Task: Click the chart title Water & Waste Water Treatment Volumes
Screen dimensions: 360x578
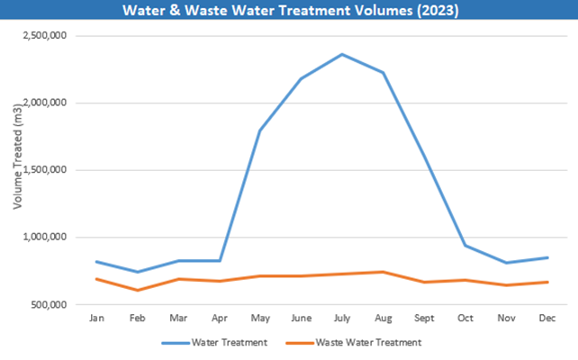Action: click(288, 11)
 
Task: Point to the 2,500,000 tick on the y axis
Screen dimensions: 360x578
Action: click(52, 36)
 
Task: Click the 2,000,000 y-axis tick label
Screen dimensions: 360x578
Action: click(52, 103)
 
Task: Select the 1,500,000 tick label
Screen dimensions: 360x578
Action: click(52, 170)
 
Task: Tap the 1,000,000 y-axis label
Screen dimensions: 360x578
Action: click(52, 238)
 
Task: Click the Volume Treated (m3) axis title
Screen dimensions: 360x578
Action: click(18, 170)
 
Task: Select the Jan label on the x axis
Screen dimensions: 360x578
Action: click(95, 318)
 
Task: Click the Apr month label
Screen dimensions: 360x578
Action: click(220, 318)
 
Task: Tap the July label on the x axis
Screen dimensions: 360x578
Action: click(342, 318)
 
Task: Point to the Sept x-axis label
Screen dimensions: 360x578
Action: click(425, 318)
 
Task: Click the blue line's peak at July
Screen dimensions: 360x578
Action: click(342, 54)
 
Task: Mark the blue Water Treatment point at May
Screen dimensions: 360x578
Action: click(260, 130)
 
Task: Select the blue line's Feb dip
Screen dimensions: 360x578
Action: click(137, 272)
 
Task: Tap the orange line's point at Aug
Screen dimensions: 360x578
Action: click(384, 272)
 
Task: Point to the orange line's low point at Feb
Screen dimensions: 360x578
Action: click(137, 290)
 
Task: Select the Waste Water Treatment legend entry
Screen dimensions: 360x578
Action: click(353, 342)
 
